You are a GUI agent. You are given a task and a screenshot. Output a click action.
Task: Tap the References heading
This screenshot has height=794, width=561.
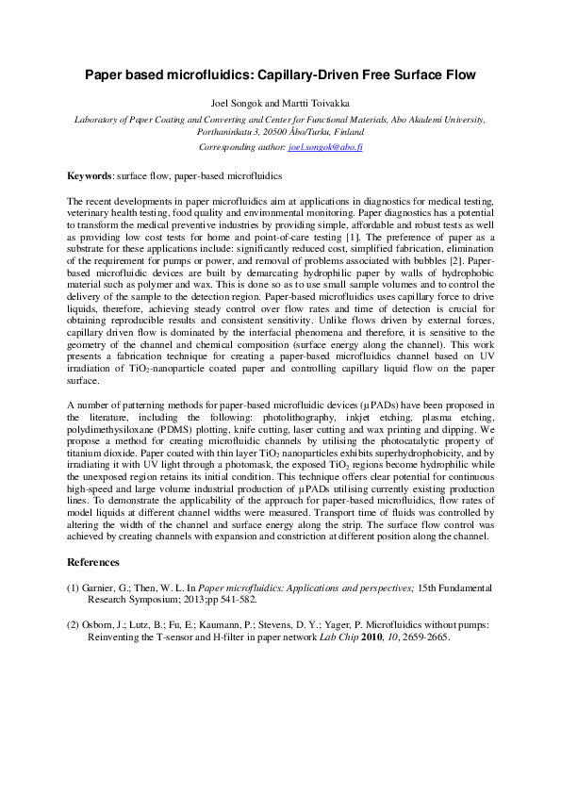pos(93,562)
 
